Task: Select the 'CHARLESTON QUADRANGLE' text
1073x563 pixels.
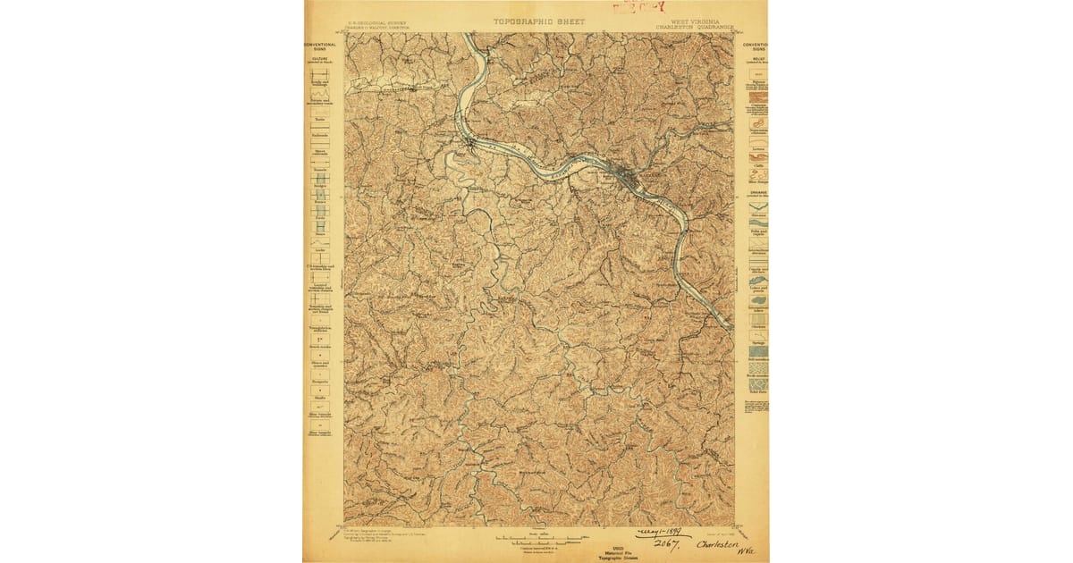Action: click(x=694, y=27)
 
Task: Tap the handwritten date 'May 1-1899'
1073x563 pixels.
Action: click(x=663, y=533)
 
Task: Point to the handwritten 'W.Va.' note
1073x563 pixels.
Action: click(x=748, y=551)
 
